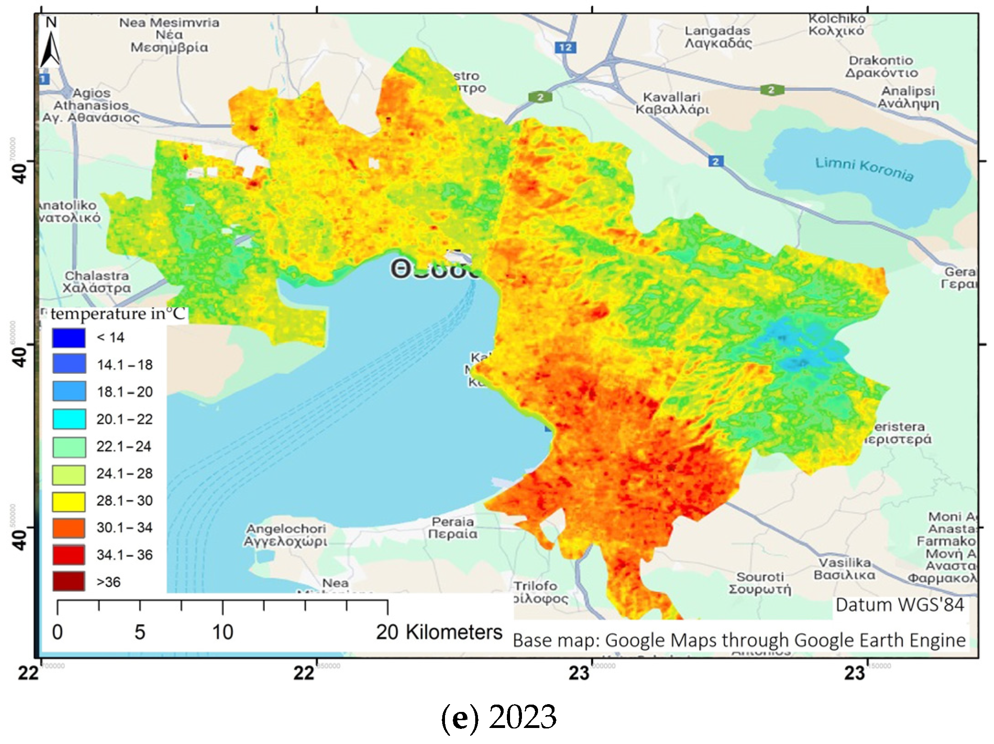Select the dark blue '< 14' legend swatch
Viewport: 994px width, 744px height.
pyautogui.click(x=69, y=338)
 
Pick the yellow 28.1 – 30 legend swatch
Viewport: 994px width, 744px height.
pyautogui.click(x=69, y=501)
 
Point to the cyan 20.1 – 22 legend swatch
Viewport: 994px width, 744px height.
pyautogui.click(x=69, y=419)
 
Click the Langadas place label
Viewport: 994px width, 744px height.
pyautogui.click(x=718, y=37)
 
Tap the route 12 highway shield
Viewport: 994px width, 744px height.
pyautogui.click(x=565, y=47)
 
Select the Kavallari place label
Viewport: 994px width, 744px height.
pyautogui.click(x=672, y=104)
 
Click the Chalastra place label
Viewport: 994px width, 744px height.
pyautogui.click(x=97, y=282)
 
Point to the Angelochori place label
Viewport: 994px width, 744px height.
pyautogui.click(x=286, y=535)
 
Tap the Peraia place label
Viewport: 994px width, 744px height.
pyautogui.click(x=453, y=528)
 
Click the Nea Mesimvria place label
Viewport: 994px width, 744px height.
pyautogui.click(x=169, y=35)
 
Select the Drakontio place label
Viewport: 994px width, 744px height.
pyautogui.click(x=881, y=67)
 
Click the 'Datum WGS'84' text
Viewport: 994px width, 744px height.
pyautogui.click(x=900, y=605)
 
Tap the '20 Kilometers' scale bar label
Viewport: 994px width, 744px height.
pyautogui.click(x=439, y=633)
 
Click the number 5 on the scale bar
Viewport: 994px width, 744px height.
pyautogui.click(x=140, y=633)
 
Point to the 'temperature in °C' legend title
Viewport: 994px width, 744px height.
pyautogui.click(x=118, y=314)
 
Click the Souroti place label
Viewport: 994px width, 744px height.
pyautogui.click(x=760, y=583)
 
